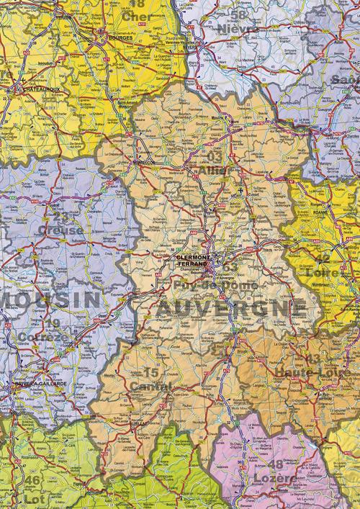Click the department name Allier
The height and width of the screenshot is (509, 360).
pyautogui.click(x=217, y=170)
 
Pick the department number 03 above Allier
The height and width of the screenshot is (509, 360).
pyautogui.click(x=215, y=156)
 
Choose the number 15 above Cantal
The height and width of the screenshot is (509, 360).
pyautogui.click(x=151, y=373)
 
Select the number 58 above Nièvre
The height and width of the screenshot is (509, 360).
pyautogui.click(x=237, y=14)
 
